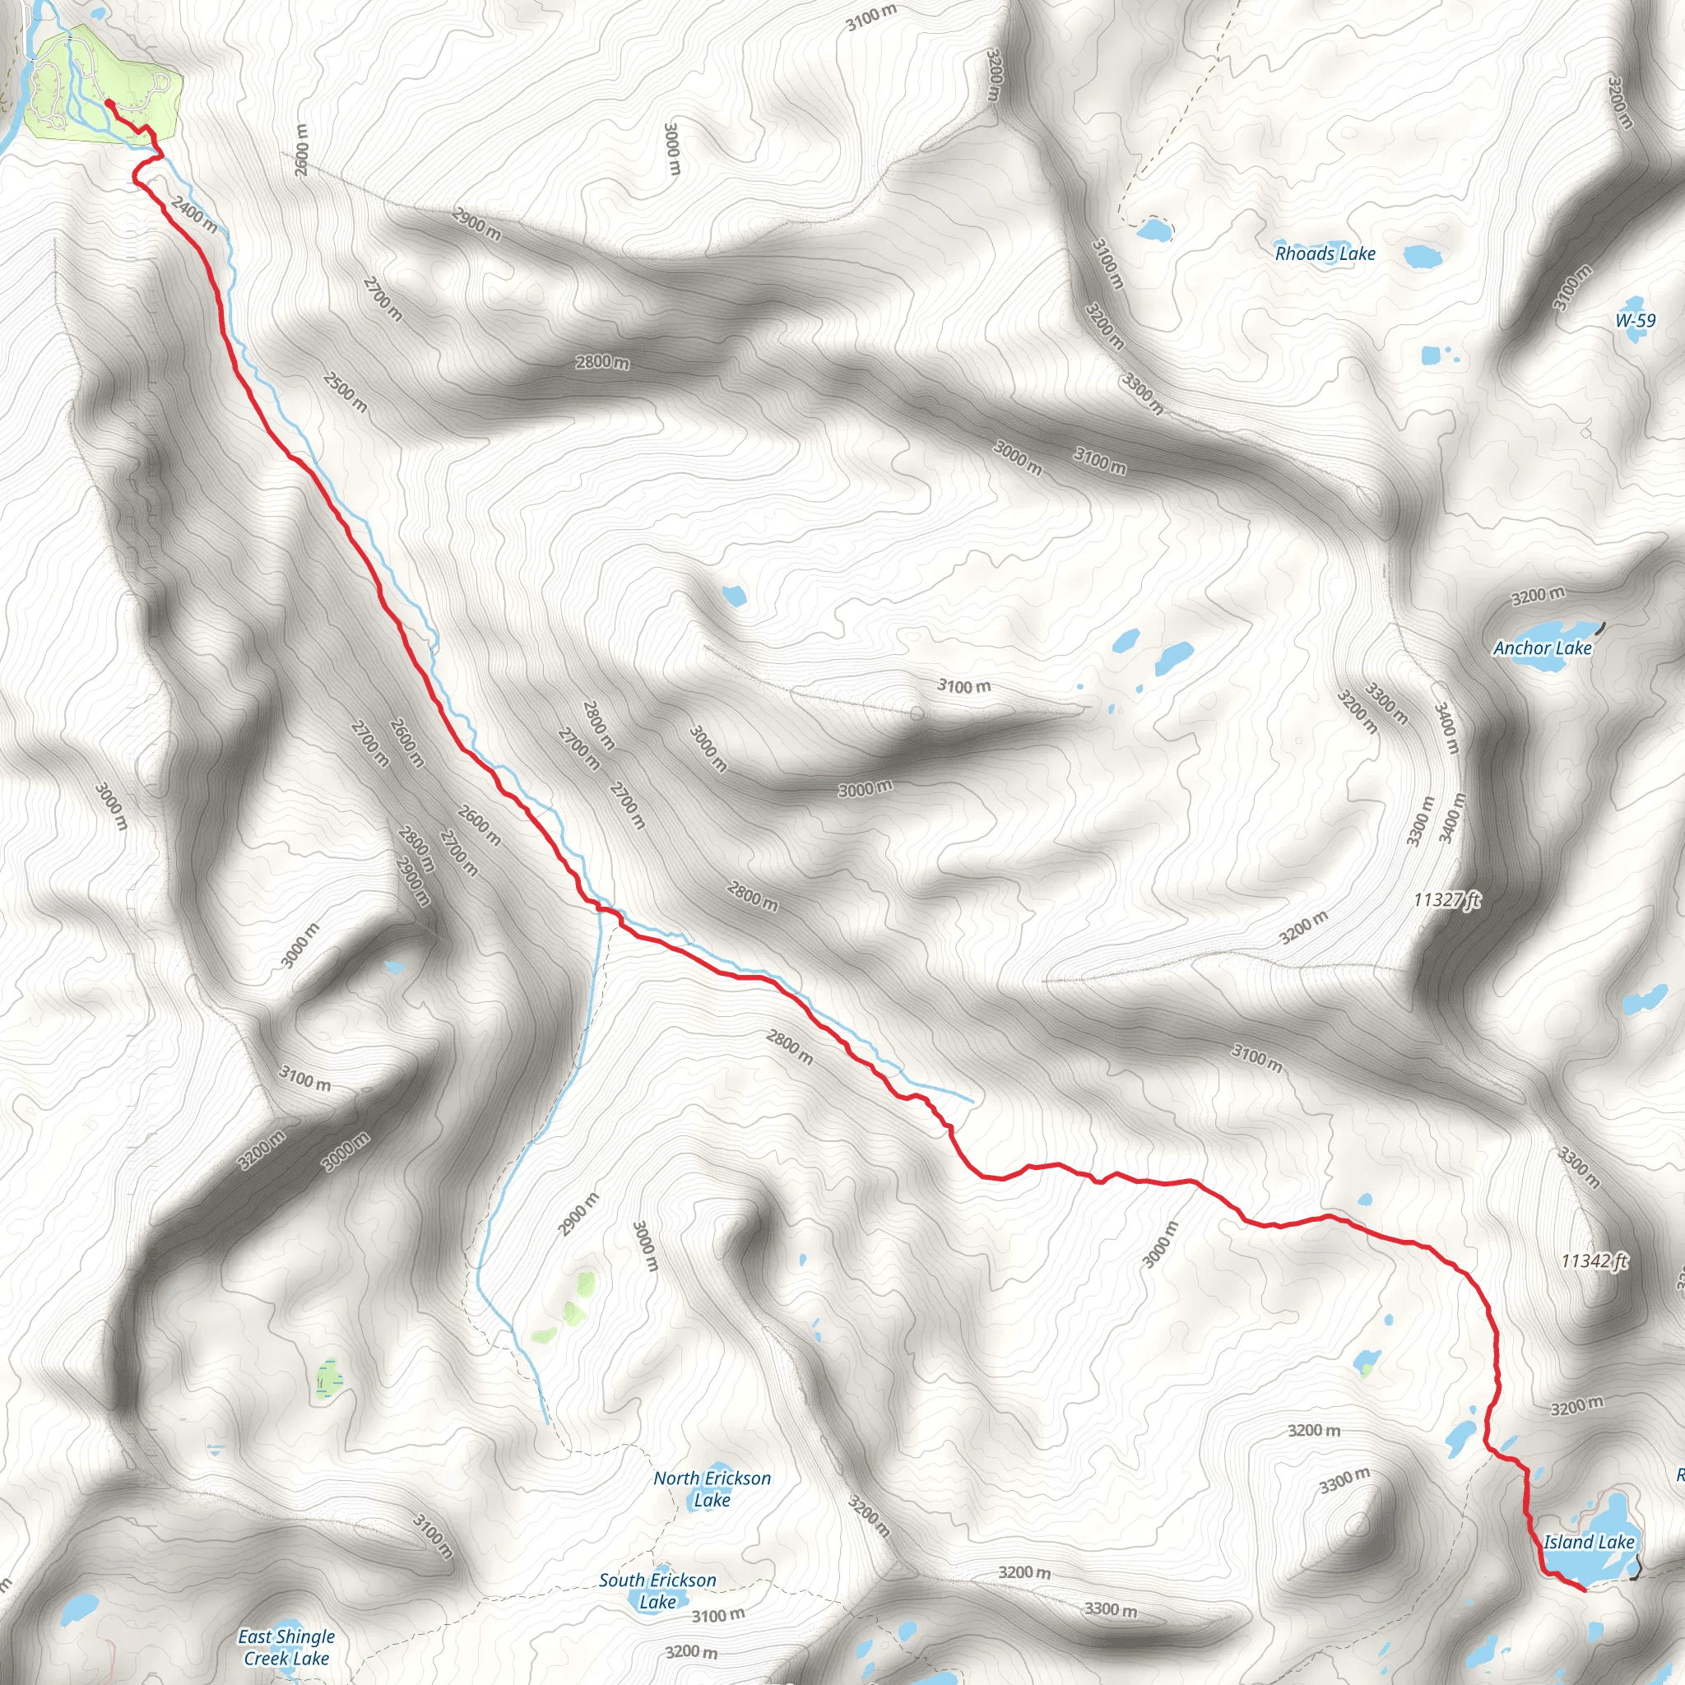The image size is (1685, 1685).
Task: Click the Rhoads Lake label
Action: (x=1325, y=253)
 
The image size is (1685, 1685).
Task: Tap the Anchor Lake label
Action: (x=1542, y=648)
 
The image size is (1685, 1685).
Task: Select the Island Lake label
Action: (x=1589, y=1542)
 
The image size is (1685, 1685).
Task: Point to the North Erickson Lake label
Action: (x=712, y=1488)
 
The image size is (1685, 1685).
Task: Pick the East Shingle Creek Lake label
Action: (x=286, y=1647)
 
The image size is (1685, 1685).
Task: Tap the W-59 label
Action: (x=1635, y=320)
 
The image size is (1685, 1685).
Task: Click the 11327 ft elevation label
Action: (x=1447, y=899)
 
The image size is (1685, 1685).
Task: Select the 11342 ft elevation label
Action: (x=1594, y=1260)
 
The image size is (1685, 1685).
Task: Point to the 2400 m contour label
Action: (x=194, y=214)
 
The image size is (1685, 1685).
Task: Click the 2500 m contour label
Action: (x=346, y=392)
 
